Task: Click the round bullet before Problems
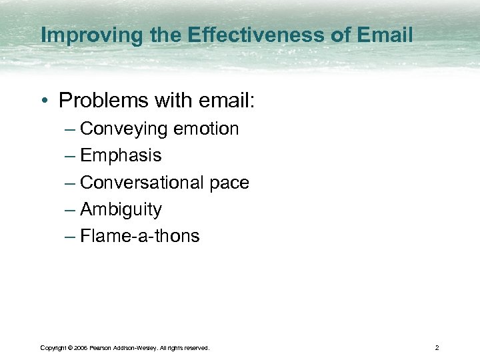click(x=45, y=101)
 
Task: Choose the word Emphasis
click(x=121, y=156)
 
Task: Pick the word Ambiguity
click(x=121, y=210)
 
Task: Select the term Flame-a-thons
click(x=139, y=236)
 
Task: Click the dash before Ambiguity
click(x=70, y=210)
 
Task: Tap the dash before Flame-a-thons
click(x=70, y=237)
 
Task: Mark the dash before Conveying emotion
click(x=70, y=129)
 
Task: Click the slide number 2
click(x=436, y=348)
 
